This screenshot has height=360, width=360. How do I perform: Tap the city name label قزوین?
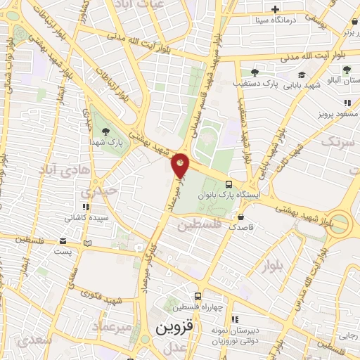(173, 329)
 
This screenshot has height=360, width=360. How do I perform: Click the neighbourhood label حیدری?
(98, 191)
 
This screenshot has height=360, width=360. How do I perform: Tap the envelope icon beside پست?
(87, 243)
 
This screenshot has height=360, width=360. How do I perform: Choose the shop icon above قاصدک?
(241, 217)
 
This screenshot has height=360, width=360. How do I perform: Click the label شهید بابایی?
(304, 85)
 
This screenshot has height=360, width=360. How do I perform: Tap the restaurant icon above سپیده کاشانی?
(86, 207)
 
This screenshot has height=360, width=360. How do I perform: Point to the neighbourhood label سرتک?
(335, 142)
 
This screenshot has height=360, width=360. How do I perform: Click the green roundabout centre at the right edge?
(340, 224)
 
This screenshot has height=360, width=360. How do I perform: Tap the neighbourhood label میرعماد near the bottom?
(108, 328)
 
